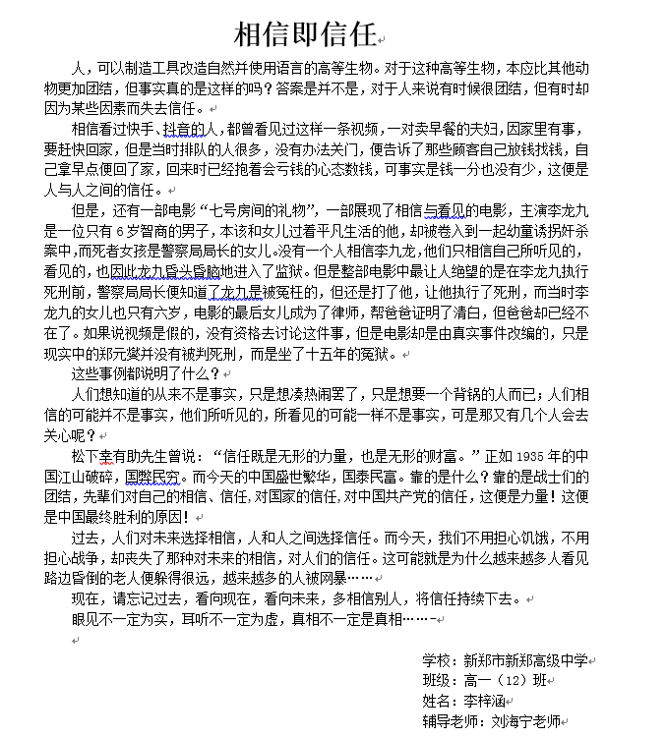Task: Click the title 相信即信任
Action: (306, 35)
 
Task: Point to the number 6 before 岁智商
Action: (146, 231)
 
